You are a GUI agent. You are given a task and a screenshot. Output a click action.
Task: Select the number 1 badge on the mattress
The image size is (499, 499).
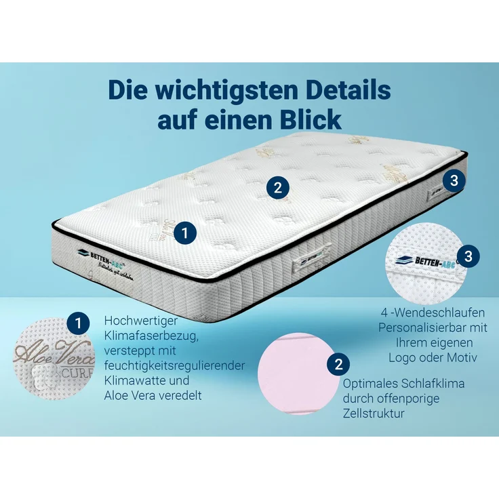pos(185,233)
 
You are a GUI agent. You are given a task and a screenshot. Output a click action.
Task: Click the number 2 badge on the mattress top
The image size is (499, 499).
pos(277,187)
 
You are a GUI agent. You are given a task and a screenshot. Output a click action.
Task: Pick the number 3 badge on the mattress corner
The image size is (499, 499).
pos(454,180)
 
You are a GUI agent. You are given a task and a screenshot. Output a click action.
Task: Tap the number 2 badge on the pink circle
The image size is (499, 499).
pos(337,364)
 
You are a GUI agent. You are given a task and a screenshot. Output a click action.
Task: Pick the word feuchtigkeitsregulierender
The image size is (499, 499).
pos(175,365)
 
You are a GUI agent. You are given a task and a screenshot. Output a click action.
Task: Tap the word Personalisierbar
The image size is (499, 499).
pos(419,327)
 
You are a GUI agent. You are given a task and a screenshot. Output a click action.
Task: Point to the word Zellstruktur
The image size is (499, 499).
pos(374,412)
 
